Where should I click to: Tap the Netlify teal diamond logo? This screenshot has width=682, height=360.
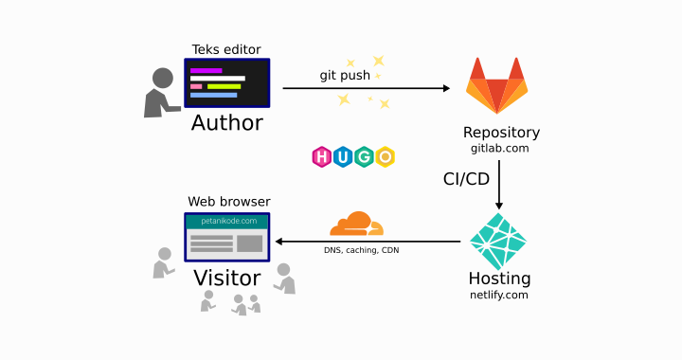[498, 242]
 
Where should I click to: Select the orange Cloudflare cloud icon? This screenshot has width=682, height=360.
[355, 225]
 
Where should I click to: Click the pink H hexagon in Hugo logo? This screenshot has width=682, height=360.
[322, 156]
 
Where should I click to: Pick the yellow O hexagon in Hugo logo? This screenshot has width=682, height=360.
[385, 156]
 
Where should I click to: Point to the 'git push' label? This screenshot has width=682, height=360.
[345, 75]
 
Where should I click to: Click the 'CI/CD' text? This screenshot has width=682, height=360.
[466, 179]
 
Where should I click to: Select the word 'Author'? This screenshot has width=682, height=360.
[227, 123]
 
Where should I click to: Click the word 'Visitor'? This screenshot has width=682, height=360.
[227, 279]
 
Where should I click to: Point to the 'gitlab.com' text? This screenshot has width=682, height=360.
[499, 149]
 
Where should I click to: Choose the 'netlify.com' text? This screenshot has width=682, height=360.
[499, 296]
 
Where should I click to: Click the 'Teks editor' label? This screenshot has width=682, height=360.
[226, 49]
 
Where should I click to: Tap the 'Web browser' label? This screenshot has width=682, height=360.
[228, 202]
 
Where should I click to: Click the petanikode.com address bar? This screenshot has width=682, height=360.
[227, 221]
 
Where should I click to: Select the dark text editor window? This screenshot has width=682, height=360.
[227, 83]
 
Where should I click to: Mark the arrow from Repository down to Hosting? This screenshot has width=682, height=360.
[499, 185]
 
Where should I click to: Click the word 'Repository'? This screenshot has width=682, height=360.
[501, 133]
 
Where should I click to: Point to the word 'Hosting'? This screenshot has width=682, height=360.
[499, 279]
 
